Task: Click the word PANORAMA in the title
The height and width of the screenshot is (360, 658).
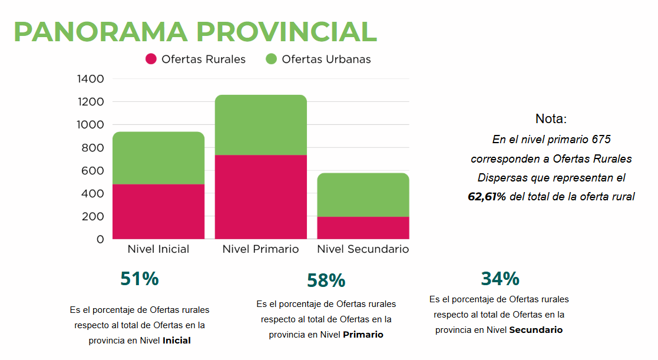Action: pyautogui.click(x=100, y=32)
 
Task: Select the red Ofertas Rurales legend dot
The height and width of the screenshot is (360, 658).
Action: pyautogui.click(x=151, y=59)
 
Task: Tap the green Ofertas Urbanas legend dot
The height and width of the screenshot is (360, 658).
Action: pyautogui.click(x=271, y=59)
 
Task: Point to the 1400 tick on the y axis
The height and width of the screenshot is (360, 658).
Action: pyautogui.click(x=91, y=79)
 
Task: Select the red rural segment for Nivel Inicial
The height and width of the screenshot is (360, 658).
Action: pyautogui.click(x=158, y=212)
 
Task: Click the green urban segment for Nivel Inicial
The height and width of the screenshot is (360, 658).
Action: pyautogui.click(x=158, y=158)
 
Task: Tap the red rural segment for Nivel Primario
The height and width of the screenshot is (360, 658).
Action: pyautogui.click(x=261, y=197)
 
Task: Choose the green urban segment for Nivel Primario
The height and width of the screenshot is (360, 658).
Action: pyautogui.click(x=261, y=125)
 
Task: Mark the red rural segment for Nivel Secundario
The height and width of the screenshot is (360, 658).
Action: pyautogui.click(x=363, y=227)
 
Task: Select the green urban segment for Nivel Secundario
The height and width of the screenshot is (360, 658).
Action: pyautogui.click(x=363, y=195)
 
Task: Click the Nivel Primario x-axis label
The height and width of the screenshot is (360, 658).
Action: pyautogui.click(x=261, y=249)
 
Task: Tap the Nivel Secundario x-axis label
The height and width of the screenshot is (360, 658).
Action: pyautogui.click(x=363, y=249)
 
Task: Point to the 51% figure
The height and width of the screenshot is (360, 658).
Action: pyautogui.click(x=140, y=279)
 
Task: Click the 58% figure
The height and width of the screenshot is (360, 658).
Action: pyautogui.click(x=326, y=281)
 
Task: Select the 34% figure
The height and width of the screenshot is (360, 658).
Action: pyautogui.click(x=500, y=278)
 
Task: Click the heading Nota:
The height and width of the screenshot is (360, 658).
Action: pyautogui.click(x=551, y=119)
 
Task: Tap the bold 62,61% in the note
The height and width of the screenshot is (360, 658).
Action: pyautogui.click(x=487, y=197)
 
